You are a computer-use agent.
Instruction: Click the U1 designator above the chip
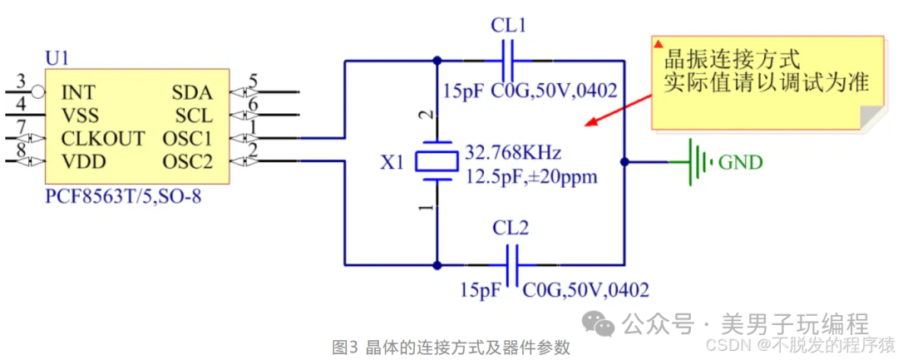click(57, 59)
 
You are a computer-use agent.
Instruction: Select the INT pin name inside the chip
click(78, 92)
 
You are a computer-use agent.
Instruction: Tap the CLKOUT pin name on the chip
click(103, 138)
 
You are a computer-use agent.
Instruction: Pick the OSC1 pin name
click(187, 138)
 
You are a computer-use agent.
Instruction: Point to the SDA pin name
click(192, 92)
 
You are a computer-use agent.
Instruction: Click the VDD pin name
click(82, 160)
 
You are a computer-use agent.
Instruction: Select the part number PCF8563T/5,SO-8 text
click(122, 197)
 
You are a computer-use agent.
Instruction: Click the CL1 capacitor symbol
click(508, 60)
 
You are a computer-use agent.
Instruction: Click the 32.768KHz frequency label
click(513, 153)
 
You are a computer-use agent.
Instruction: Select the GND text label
click(740, 162)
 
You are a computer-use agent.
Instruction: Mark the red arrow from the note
click(619, 109)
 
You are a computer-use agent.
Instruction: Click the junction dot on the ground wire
click(625, 161)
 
